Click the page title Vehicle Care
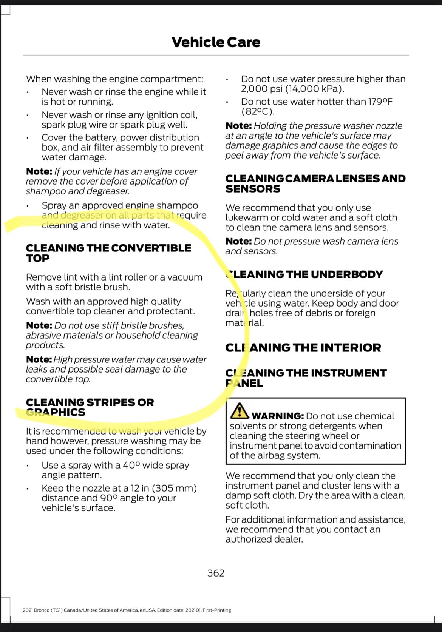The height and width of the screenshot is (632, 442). click(x=216, y=42)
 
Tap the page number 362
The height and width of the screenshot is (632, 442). click(x=216, y=573)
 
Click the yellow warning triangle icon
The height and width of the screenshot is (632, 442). click(x=239, y=411)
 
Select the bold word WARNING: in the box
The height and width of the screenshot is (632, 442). click(x=278, y=416)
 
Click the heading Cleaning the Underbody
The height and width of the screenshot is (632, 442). click(x=304, y=274)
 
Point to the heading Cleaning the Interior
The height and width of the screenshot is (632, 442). click(x=303, y=347)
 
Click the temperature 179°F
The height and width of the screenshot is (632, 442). click(x=380, y=102)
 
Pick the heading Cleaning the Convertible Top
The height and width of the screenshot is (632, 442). click(x=108, y=253)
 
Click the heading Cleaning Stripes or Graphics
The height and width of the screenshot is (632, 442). click(x=90, y=407)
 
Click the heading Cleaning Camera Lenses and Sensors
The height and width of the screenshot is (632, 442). click(x=315, y=183)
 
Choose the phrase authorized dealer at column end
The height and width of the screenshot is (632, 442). click(x=264, y=539)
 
